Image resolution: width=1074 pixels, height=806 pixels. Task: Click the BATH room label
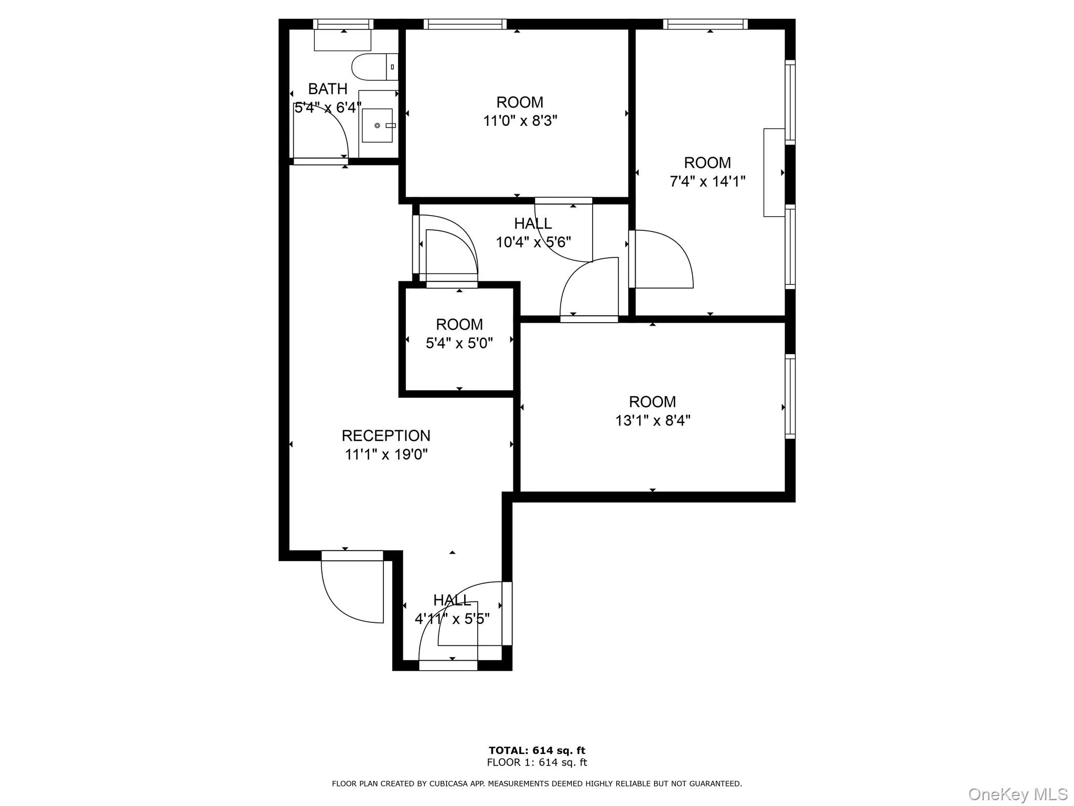click(x=327, y=89)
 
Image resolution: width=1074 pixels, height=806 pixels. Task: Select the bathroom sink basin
click(x=377, y=125)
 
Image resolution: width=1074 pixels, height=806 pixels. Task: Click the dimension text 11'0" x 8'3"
click(x=520, y=121)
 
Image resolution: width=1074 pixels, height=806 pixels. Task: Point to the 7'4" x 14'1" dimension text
click(x=707, y=182)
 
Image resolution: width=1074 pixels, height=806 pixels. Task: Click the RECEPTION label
click(x=386, y=436)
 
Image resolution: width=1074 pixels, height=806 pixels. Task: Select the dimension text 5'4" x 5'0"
click(x=459, y=343)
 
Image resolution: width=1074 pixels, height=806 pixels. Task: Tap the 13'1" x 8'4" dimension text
click(x=652, y=420)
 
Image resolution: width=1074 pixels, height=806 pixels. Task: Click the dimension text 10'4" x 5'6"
click(x=533, y=242)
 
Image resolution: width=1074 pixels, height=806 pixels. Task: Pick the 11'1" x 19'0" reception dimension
click(x=386, y=454)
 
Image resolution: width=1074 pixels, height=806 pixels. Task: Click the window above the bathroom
click(x=343, y=24)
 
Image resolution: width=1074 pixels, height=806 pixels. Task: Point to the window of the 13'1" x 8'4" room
click(x=790, y=396)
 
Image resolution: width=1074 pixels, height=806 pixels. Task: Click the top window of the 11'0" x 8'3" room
click(x=465, y=24)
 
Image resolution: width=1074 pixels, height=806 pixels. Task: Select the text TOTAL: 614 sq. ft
click(x=536, y=750)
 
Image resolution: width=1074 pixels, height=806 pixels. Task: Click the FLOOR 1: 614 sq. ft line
click(x=536, y=762)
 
